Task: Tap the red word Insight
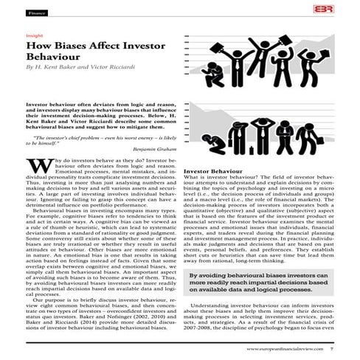[x=33, y=35]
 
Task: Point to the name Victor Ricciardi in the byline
[x=111, y=67]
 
